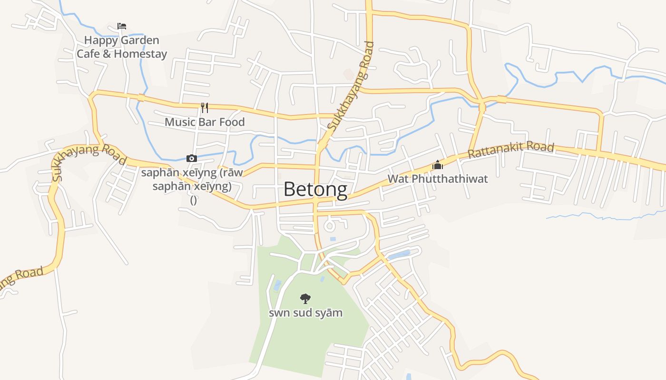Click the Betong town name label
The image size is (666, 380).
315,190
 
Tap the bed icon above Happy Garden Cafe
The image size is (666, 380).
122,26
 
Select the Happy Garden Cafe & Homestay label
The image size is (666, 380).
122,47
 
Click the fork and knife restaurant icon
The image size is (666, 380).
205,108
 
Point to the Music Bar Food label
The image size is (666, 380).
205,122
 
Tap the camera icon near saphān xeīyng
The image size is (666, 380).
192,158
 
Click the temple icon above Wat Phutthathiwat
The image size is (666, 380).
438,165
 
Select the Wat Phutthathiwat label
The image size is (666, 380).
438,179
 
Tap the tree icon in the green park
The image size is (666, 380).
305,298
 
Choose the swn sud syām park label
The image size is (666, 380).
305,313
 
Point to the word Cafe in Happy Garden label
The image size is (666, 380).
88,54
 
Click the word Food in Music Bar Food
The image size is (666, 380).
232,122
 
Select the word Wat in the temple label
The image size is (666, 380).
398,179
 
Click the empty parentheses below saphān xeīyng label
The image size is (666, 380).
194,200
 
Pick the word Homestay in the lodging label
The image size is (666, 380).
140,54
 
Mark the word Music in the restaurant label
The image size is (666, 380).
180,122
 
